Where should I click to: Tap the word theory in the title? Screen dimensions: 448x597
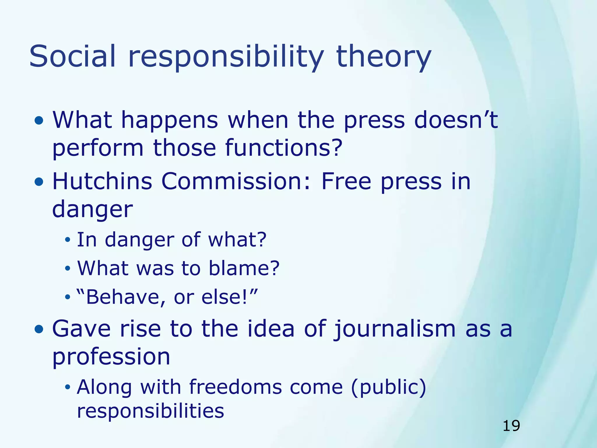coord(383,57)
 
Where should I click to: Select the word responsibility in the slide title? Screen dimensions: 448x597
coord(226,57)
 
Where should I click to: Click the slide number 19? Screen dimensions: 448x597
coord(511,426)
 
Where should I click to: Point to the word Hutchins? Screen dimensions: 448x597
coord(102,181)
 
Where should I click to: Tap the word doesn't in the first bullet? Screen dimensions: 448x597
coord(456,120)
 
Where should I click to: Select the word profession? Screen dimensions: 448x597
coord(111,357)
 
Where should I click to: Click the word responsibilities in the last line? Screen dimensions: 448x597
coord(150,411)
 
